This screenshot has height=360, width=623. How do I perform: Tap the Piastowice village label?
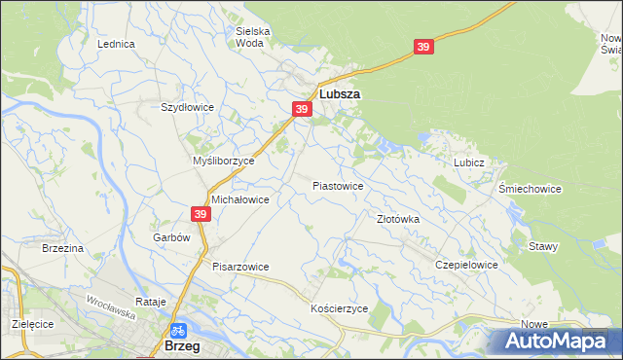(338, 185)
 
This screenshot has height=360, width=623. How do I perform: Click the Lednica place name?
(116, 44)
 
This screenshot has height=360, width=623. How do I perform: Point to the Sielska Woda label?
(253, 37)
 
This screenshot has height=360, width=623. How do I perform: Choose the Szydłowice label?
(186, 107)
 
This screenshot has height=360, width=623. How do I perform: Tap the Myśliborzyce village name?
(224, 161)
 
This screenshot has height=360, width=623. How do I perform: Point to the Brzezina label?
(63, 248)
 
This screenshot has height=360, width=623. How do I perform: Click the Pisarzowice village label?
(240, 266)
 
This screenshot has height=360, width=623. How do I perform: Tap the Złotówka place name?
(398, 219)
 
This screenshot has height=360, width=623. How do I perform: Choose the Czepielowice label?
(467, 265)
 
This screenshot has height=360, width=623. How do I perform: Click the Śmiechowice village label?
(530, 189)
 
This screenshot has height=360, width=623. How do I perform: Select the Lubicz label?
(468, 162)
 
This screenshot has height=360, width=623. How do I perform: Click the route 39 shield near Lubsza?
(302, 109)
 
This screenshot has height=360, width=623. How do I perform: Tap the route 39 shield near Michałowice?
(200, 214)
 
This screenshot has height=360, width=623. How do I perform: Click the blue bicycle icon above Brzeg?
(179, 330)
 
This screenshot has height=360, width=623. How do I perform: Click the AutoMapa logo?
(554, 341)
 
